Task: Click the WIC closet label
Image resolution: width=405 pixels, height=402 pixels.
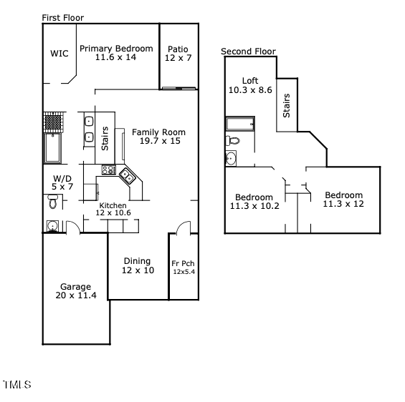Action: [x=59, y=53]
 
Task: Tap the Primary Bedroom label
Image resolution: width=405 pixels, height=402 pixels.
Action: [x=116, y=53]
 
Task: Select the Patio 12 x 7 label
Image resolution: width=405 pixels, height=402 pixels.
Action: [x=178, y=54]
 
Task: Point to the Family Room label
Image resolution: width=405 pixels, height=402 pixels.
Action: [x=158, y=137]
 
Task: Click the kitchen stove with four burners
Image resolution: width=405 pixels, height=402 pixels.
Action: [x=109, y=170]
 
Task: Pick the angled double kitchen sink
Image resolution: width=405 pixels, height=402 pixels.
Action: [x=127, y=174]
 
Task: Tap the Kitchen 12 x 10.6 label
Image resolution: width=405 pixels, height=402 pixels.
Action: [x=113, y=209]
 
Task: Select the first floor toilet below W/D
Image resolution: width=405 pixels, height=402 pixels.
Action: [x=52, y=203]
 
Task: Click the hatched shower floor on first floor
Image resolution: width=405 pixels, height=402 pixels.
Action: [x=53, y=122]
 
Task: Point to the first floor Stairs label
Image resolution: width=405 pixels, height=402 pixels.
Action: [x=105, y=139]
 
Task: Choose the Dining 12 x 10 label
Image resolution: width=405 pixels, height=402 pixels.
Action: [x=138, y=265]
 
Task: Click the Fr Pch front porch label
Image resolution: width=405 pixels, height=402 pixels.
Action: [x=183, y=268]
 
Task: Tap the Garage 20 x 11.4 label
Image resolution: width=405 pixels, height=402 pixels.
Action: [x=75, y=290]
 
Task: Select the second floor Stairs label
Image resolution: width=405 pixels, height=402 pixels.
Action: [x=287, y=106]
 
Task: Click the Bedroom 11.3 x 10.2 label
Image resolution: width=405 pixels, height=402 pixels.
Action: [x=254, y=202]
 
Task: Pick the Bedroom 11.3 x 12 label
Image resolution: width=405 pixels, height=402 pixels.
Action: [x=343, y=200]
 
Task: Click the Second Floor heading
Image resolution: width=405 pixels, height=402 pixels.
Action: [x=248, y=51]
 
